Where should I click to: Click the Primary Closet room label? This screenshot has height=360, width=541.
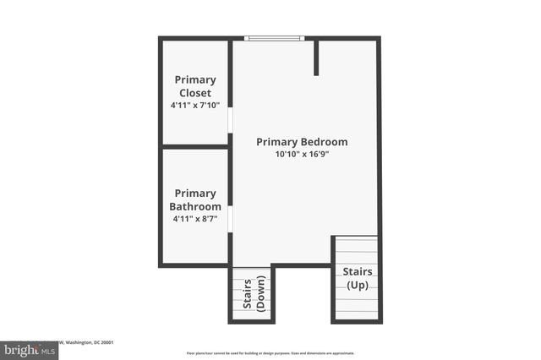(x=194, y=86)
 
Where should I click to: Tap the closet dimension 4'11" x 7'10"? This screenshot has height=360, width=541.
(x=194, y=106)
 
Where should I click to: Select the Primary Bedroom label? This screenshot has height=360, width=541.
(x=302, y=142)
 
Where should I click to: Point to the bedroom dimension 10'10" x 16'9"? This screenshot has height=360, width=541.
(x=302, y=155)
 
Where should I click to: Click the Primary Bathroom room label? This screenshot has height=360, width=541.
(x=195, y=199)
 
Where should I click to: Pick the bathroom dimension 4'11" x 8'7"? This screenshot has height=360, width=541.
(x=195, y=219)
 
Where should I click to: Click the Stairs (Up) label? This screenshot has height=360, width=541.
(x=356, y=278)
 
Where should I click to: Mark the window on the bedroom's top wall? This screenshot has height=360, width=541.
(x=274, y=38)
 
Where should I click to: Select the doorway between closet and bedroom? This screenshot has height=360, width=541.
(x=230, y=118)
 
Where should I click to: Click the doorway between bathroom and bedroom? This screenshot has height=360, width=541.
(x=230, y=219)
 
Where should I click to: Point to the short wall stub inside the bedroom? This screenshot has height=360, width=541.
(x=316, y=57)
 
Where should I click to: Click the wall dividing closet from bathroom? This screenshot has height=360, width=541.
(x=195, y=147)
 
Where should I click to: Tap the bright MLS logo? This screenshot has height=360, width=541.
(x=30, y=350)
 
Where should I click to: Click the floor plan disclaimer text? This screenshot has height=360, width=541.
(x=270, y=352)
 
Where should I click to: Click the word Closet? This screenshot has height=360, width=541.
(x=195, y=93)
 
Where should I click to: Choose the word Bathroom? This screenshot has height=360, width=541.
(x=195, y=206)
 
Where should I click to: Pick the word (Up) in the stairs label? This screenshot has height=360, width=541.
(x=356, y=285)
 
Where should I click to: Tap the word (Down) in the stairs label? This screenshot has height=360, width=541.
(x=260, y=293)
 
